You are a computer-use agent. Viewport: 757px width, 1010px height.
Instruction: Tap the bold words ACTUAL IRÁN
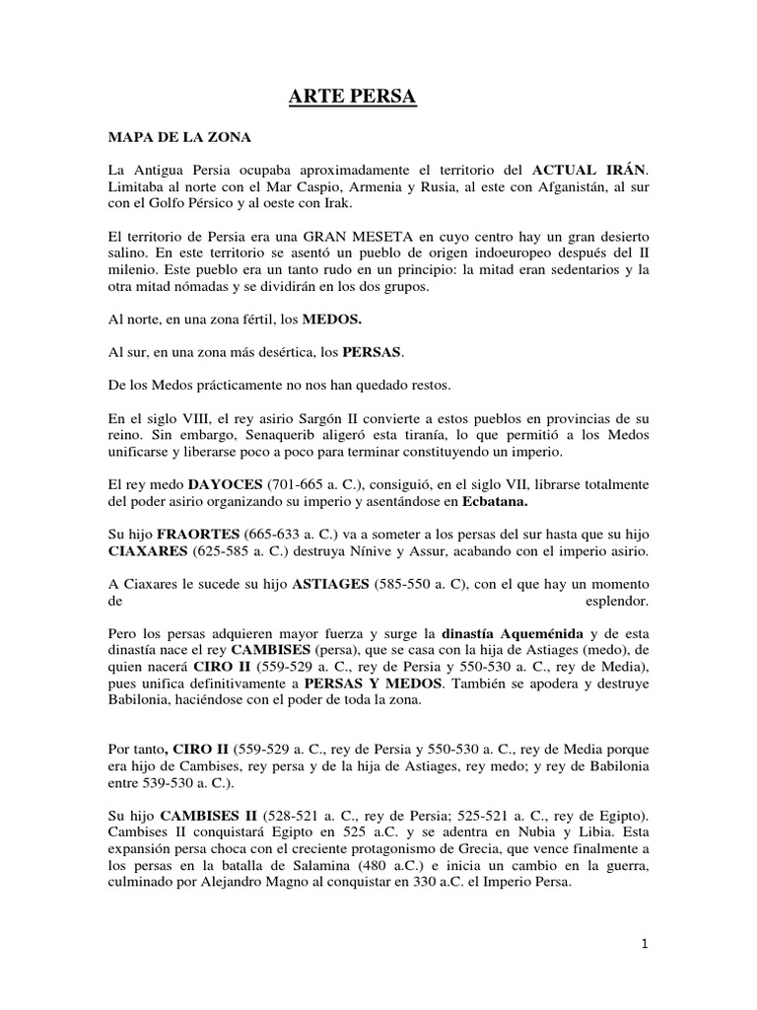click(590, 168)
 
